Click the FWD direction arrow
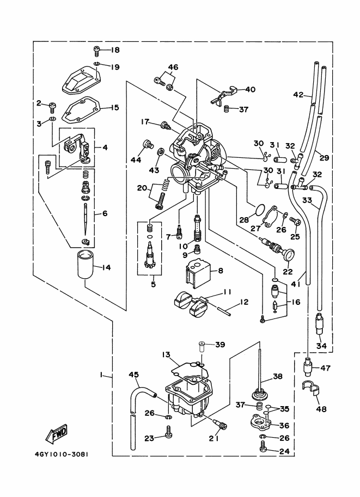coord(56,434)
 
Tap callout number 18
coord(115,51)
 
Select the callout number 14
coord(106,267)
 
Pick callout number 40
coord(250,90)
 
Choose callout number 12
coord(245,302)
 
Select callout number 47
coord(325,369)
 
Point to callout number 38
coord(278,376)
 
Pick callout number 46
coord(173,68)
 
